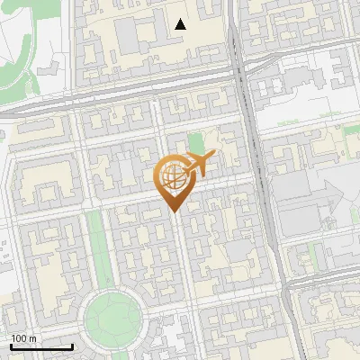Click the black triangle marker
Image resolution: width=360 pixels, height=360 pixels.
[181, 24]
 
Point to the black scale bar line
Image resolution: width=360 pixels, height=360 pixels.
[41, 346]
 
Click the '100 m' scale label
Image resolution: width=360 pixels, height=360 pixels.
[24, 338]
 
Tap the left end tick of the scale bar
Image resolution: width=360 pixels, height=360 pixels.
[11, 345]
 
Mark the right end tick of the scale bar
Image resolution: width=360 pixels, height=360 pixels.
[72, 345]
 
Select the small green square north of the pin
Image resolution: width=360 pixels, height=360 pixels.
[196, 142]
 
